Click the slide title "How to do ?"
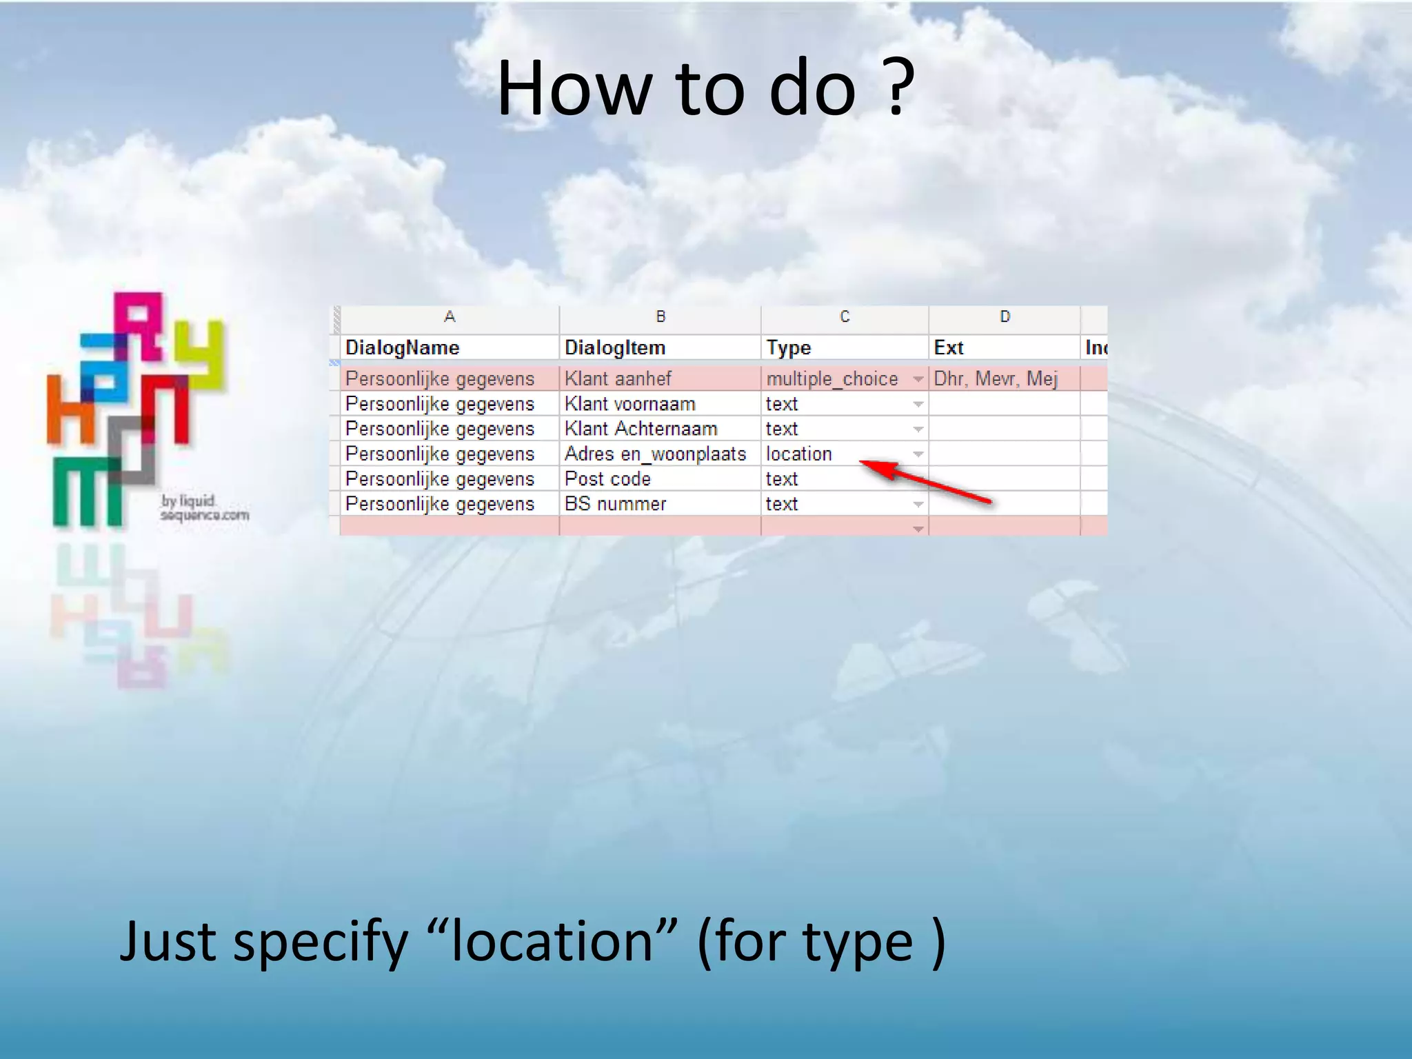705,88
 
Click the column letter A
450,316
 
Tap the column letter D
1005,316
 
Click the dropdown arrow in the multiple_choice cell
918,379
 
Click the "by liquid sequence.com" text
204,508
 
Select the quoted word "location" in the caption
552,942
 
